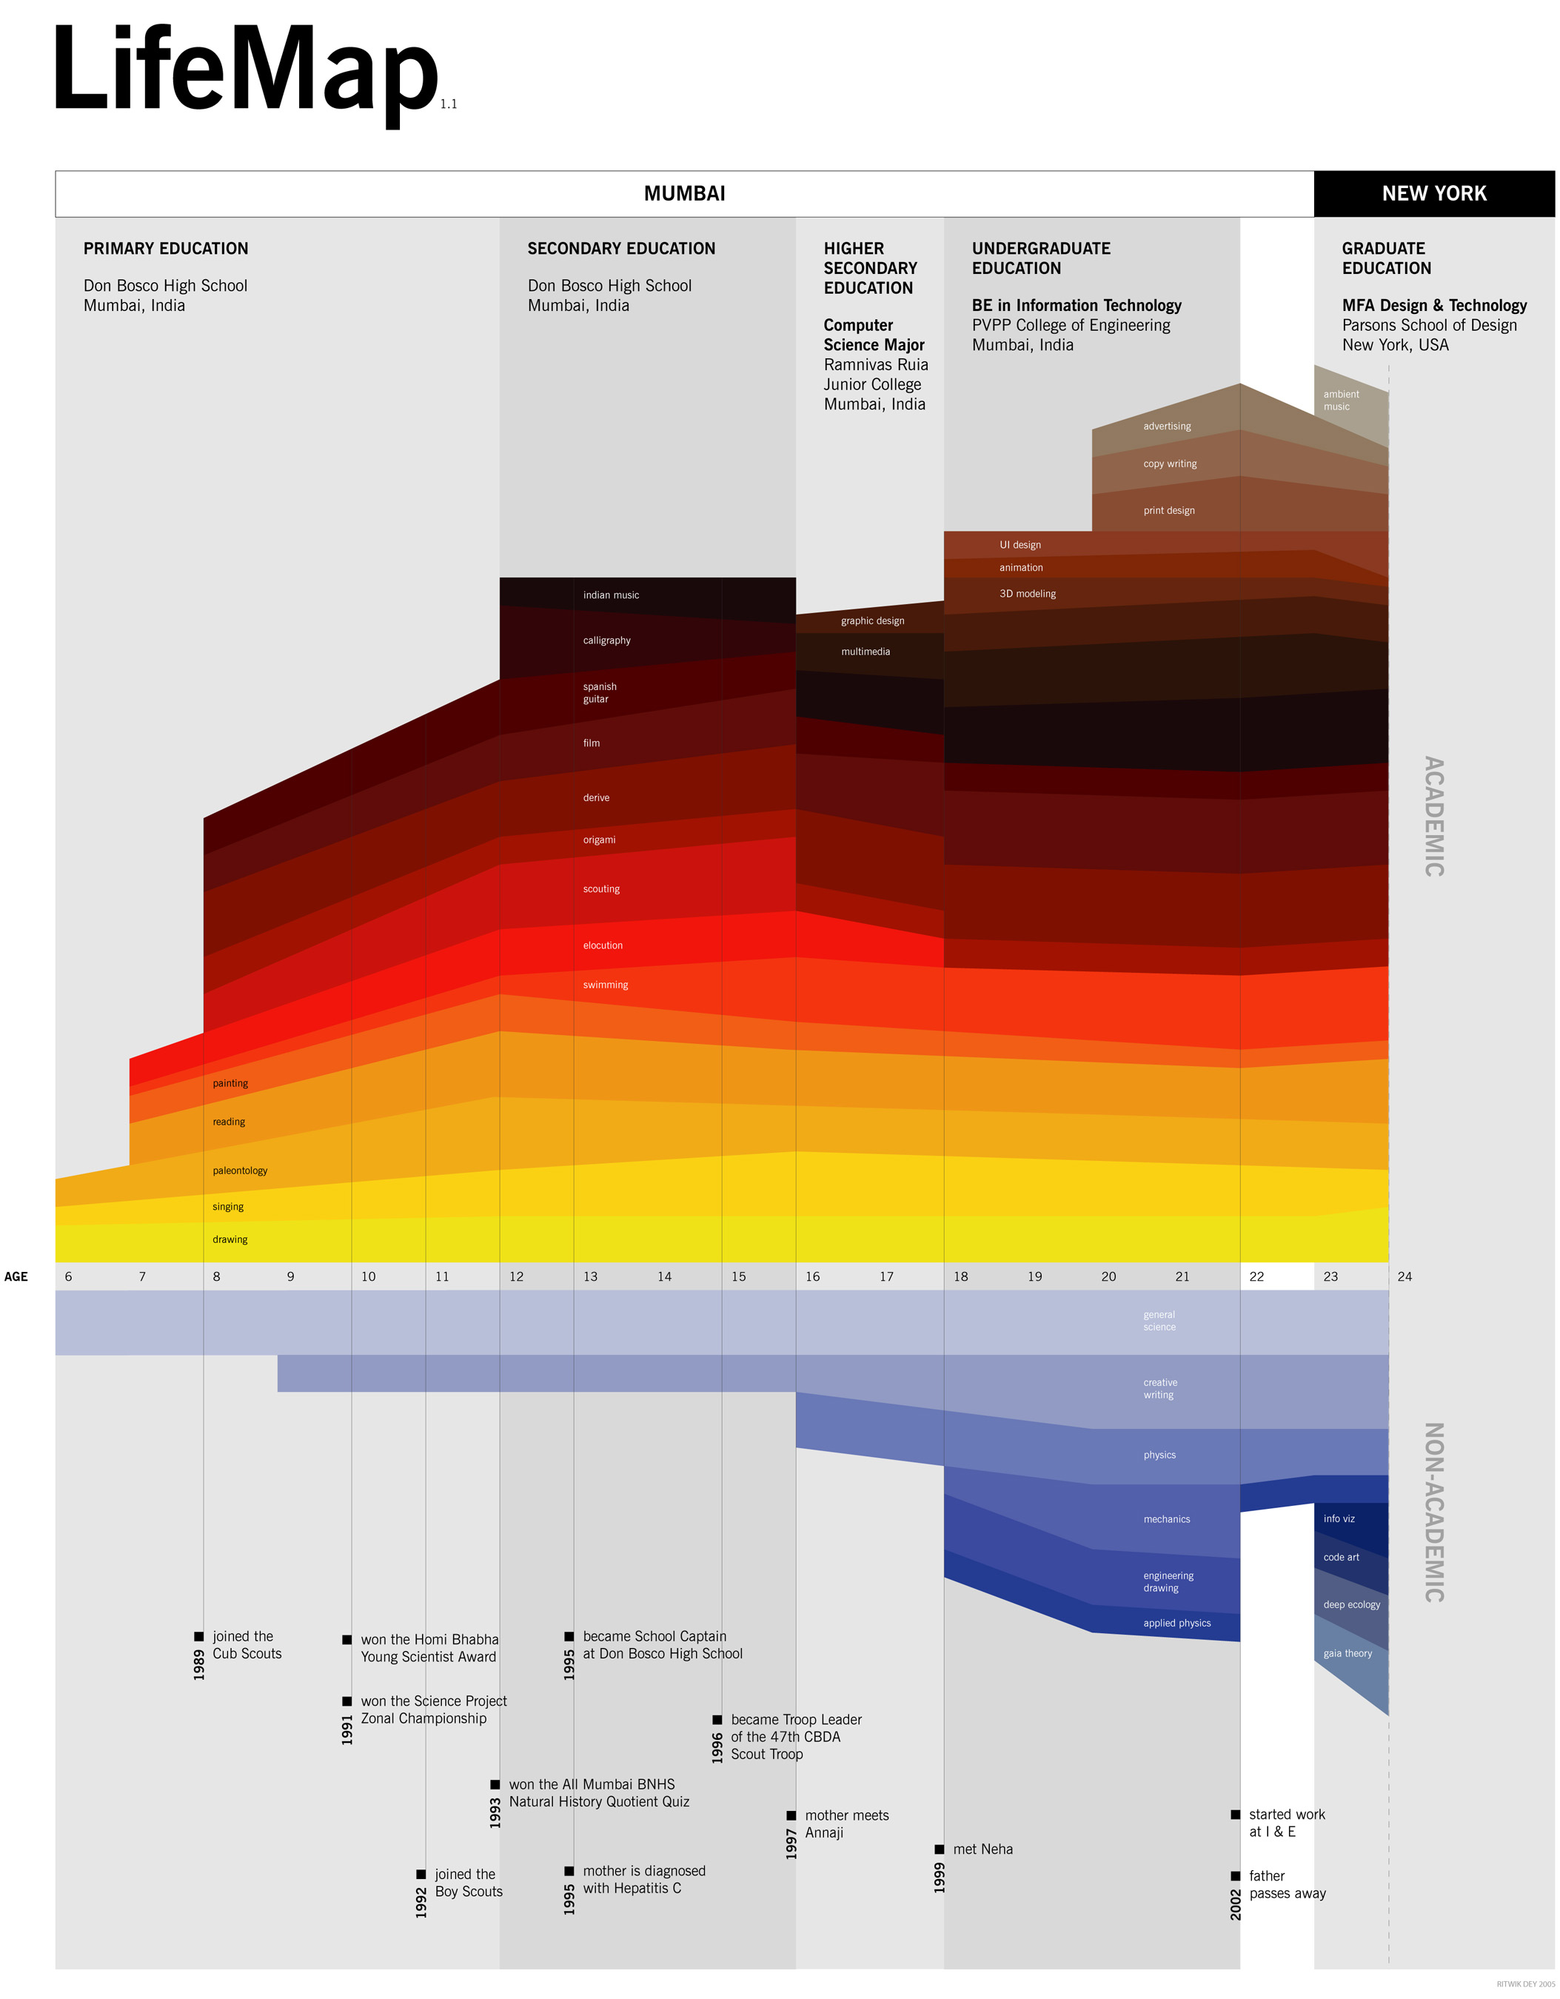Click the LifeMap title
[x=245, y=71]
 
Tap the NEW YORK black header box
[x=1433, y=194]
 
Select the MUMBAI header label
[x=684, y=194]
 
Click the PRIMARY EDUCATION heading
[x=166, y=249]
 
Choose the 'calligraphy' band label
[x=607, y=640]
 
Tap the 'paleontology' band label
[x=240, y=1171]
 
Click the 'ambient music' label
[x=1340, y=401]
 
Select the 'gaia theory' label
[x=1348, y=1654]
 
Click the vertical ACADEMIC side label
[x=1433, y=817]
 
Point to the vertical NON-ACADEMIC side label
[x=1433, y=1512]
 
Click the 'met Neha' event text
[x=982, y=1849]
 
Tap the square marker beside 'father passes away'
[x=1235, y=1876]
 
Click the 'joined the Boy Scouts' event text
[x=469, y=1884]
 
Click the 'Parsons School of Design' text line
[x=1429, y=326]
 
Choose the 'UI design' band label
[x=1020, y=546]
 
